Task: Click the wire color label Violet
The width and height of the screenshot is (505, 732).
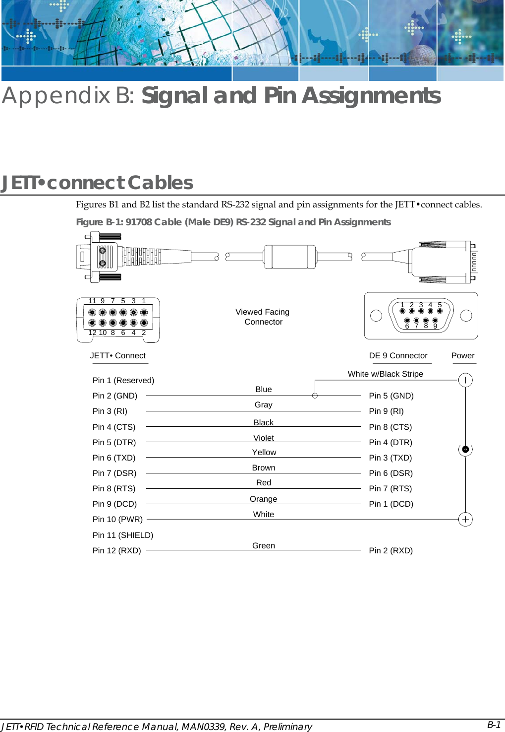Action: [x=263, y=438]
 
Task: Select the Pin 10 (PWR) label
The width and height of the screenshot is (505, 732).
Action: [x=117, y=519]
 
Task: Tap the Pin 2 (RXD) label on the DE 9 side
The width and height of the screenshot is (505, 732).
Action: [x=391, y=550]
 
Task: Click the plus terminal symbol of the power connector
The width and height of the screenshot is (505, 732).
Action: [x=465, y=520]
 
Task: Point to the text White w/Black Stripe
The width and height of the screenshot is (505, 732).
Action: [x=385, y=374]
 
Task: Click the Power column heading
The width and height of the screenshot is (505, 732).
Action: [x=462, y=355]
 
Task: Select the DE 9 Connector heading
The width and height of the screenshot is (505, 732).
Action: [x=398, y=355]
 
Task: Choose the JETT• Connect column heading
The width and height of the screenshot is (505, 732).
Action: [x=117, y=355]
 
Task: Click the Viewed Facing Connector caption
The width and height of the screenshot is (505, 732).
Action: [x=263, y=317]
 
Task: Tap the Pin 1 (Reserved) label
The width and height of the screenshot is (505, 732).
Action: [x=123, y=380]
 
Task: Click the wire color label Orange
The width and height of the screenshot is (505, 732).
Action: [x=263, y=499]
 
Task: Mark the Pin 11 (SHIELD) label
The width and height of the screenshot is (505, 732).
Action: [x=122, y=535]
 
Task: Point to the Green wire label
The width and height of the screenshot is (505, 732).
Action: [x=263, y=545]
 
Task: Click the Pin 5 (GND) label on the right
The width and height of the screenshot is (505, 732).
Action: [x=391, y=396]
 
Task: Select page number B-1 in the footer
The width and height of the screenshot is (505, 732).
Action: [x=494, y=725]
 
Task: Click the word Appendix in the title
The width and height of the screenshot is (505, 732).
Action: [x=56, y=95]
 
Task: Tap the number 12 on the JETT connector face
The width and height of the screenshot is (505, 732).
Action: [x=92, y=333]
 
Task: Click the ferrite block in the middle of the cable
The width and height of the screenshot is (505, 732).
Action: [x=290, y=257]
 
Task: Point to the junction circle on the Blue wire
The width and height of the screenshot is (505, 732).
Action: [x=315, y=396]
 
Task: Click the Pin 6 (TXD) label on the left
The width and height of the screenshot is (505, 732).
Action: [x=113, y=458]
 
